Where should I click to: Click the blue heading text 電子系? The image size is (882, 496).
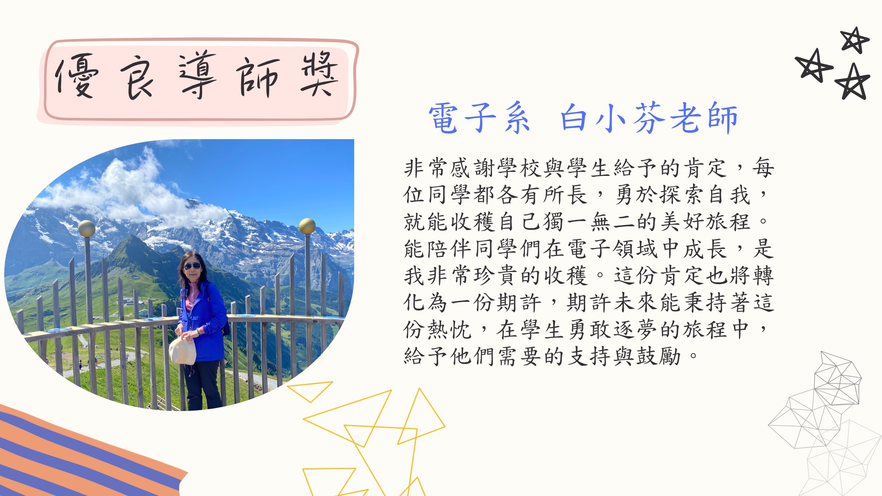click(x=479, y=118)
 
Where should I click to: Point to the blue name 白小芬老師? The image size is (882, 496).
click(x=649, y=118)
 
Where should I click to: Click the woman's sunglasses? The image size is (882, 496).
click(x=192, y=266)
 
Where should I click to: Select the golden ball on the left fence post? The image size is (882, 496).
click(x=87, y=228)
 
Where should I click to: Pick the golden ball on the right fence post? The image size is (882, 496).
click(x=307, y=226)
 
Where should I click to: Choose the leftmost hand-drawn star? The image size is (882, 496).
click(x=814, y=66)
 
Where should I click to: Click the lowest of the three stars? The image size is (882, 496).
click(x=853, y=82)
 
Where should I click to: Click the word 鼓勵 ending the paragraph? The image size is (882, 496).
click(x=659, y=356)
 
